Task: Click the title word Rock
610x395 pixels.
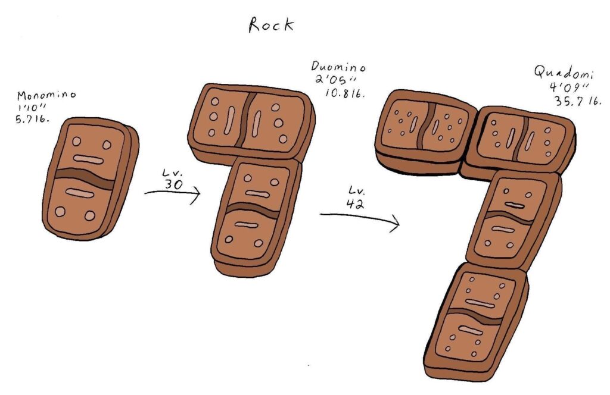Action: point(271,25)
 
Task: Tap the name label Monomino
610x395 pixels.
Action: point(46,95)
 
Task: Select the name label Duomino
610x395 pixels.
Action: point(338,67)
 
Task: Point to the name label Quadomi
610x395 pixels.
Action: point(564,73)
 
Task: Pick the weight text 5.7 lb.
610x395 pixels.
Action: point(33,119)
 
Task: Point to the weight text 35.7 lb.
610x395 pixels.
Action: point(578,101)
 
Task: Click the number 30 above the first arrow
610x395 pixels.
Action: point(173,184)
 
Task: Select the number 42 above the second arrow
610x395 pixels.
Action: point(355,203)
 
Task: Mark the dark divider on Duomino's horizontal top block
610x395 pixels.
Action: point(247,120)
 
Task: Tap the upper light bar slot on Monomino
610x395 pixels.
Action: point(88,159)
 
